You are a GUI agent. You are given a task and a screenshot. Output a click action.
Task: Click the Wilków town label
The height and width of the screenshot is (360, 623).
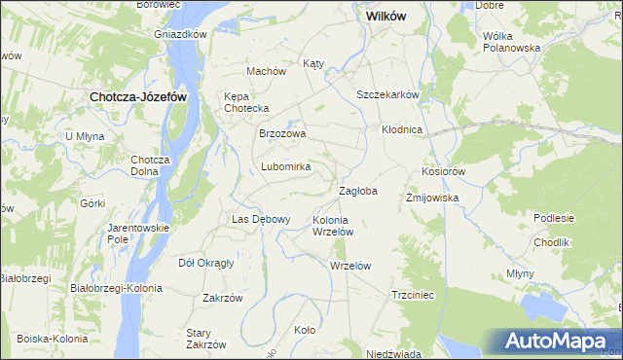(x=385, y=17)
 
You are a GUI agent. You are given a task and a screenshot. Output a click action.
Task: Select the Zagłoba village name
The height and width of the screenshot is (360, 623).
(x=357, y=191)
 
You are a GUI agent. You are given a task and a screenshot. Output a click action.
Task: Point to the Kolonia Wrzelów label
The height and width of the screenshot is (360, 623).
(x=331, y=226)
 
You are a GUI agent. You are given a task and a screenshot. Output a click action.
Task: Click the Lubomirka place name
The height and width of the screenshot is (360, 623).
(x=285, y=166)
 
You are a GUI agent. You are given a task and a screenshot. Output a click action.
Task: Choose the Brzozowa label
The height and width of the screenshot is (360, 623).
(x=282, y=134)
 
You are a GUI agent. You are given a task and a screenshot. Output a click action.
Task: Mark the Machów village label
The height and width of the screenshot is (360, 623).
(x=266, y=71)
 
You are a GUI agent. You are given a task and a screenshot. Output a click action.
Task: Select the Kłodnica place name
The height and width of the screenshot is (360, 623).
(x=400, y=129)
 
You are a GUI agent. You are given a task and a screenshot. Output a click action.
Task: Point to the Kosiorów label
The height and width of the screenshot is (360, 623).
(x=445, y=170)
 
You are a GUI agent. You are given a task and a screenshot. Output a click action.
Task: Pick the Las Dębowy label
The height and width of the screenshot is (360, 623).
(x=260, y=219)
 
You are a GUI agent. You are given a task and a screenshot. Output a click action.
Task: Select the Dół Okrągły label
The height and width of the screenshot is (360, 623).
(x=207, y=263)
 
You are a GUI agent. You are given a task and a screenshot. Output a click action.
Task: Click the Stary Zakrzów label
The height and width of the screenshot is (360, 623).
(x=205, y=338)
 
